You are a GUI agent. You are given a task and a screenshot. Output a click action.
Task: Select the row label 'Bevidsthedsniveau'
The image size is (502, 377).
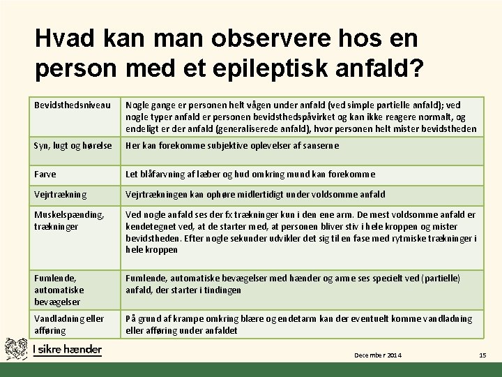pos(73,105)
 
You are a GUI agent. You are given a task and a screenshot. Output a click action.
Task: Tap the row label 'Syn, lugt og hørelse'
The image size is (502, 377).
pos(73,145)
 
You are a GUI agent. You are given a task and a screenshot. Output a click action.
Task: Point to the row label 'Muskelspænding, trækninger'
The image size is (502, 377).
pos(69,221)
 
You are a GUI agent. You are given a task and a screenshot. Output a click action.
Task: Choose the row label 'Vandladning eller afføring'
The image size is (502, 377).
pos(69,324)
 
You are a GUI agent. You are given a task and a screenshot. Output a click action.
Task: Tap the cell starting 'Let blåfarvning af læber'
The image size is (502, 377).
pos(250,174)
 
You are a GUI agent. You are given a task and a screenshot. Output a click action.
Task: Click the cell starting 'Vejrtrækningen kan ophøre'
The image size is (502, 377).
pos(255,195)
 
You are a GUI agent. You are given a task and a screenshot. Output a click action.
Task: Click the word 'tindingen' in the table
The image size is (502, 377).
pos(221,290)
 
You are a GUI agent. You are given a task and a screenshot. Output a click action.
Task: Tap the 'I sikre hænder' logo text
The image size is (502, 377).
pos(67,349)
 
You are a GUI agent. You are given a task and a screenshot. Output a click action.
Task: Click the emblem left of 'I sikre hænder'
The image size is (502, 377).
pos(17,348)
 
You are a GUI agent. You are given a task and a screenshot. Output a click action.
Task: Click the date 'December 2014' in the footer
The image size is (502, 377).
pos(378,356)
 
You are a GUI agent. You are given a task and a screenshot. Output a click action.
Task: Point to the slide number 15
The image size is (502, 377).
pos(482,356)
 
